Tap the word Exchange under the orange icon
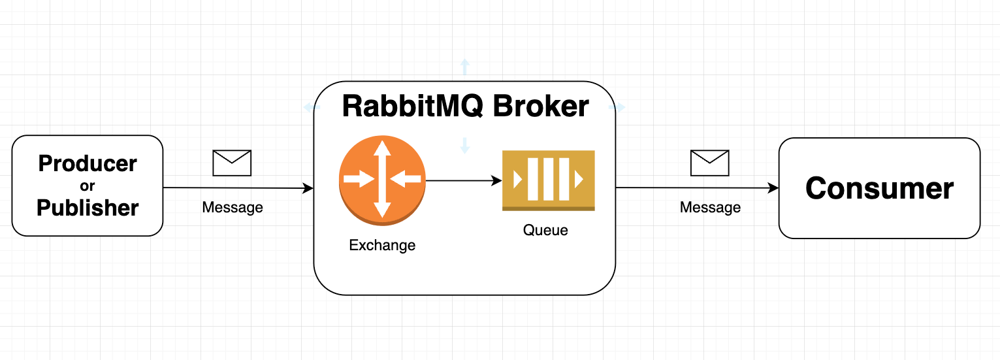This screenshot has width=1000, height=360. coord(382,246)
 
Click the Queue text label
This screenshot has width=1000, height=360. coord(545,230)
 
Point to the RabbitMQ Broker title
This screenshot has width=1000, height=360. coord(465,106)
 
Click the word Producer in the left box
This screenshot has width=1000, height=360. coord(88,163)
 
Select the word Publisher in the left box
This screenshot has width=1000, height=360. coord(88,208)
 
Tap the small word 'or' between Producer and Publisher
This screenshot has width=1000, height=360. coord(88,186)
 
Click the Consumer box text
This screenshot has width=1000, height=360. coord(879,188)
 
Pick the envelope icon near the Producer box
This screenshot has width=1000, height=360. coord(232,163)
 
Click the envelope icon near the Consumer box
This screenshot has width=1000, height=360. coord(709,163)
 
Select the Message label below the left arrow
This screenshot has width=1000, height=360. coord(232,208)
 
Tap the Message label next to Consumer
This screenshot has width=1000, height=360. coord(710,208)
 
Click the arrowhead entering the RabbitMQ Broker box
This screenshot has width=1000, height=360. coord(308,188)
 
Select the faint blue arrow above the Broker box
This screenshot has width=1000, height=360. coord(464,65)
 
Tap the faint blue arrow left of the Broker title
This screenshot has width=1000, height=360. coord(307,107)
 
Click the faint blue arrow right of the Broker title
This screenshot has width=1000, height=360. coord(621,107)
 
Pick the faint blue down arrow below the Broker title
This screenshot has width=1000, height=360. coord(464,146)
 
